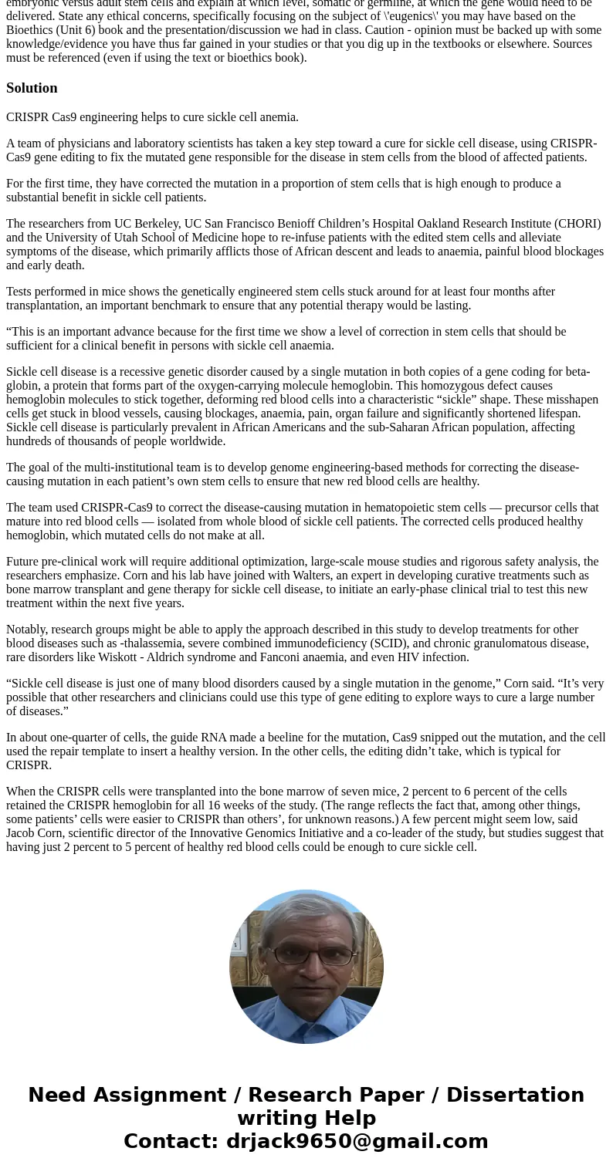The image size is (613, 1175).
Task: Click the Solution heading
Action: (32, 88)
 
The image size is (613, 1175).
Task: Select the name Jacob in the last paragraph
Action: (22, 833)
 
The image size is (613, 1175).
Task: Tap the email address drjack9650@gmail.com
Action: (357, 1141)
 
